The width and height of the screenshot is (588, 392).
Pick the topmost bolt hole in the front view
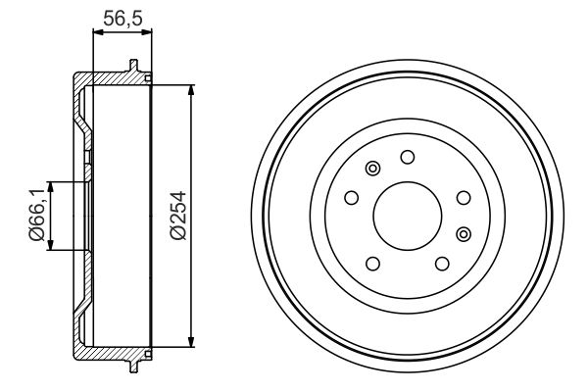[407, 156]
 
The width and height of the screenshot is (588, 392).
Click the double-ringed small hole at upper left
[371, 171]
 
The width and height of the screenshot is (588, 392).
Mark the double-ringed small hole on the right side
[464, 233]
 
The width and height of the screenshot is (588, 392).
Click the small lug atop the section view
[131, 67]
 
